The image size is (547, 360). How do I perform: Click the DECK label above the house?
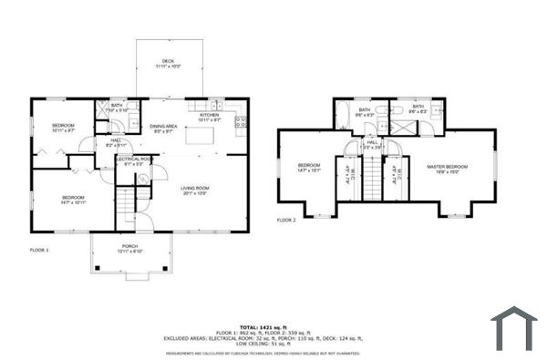coord(169,61)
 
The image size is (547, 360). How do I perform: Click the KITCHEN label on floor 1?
coord(210,116)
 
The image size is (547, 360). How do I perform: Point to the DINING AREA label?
coord(164,127)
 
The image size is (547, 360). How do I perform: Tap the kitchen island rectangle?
coord(201,136)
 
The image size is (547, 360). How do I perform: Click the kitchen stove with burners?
coord(242,121)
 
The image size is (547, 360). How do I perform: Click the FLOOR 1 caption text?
coord(39,249)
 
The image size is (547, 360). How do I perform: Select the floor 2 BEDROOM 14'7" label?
coord(309,167)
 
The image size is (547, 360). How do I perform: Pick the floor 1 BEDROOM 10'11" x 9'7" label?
coord(62,127)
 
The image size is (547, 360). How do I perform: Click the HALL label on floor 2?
coord(372,143)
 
